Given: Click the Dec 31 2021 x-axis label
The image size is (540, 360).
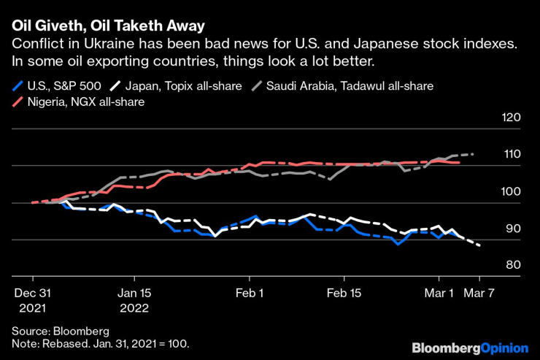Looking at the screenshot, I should point(33,301).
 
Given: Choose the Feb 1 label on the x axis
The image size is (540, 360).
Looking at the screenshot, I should point(250,294).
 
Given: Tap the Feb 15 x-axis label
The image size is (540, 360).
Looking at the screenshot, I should point(344,294).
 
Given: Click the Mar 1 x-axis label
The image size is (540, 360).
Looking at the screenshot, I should point(439,294).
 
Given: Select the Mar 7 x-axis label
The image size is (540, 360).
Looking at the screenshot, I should point(479,294).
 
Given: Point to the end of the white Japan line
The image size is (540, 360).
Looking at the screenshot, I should point(479,245).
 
